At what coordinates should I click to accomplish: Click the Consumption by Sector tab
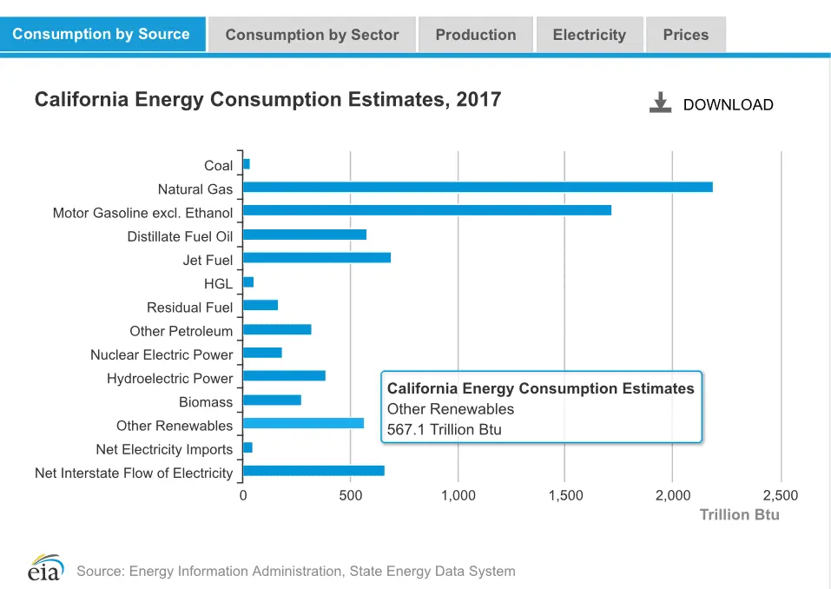click(312, 35)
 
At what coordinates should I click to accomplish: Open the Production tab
click(475, 35)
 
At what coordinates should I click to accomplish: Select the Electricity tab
click(589, 35)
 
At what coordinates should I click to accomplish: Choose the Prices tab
click(685, 35)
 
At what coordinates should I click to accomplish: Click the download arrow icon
click(661, 103)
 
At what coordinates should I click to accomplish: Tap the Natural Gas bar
click(478, 187)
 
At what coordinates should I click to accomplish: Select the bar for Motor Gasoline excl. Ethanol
click(427, 210)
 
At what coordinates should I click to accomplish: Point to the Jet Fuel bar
click(317, 257)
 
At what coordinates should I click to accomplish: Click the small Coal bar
click(247, 164)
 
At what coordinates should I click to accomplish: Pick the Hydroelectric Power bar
click(284, 375)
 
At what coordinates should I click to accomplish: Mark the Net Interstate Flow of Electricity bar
click(313, 471)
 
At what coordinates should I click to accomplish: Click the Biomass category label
click(206, 402)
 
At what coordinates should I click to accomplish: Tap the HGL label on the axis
click(218, 283)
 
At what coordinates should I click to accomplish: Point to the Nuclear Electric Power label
click(162, 354)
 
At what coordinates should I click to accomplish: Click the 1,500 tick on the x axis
click(565, 495)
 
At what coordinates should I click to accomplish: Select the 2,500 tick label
click(780, 495)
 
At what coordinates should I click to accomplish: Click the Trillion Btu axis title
click(740, 514)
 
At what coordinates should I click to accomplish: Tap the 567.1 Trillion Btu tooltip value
click(445, 429)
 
